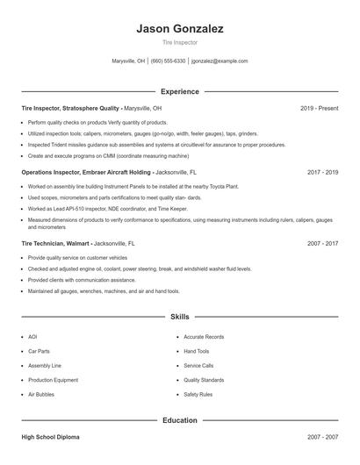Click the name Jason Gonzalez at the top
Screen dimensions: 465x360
[x=180, y=28]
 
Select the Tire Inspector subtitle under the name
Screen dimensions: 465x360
[x=180, y=41]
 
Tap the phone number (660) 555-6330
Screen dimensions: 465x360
[x=169, y=61]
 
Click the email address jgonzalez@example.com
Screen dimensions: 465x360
[x=220, y=61]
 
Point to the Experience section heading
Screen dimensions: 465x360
[x=180, y=91]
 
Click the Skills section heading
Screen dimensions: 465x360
[x=180, y=316]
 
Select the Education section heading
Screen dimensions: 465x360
[x=180, y=420]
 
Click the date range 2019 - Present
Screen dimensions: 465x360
[x=319, y=108]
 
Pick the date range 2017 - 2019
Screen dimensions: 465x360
[x=322, y=173]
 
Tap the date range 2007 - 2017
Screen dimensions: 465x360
[x=322, y=242]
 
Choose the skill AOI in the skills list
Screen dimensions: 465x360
[x=32, y=337]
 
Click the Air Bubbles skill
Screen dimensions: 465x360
[x=40, y=395]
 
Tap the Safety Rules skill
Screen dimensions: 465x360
[x=198, y=395]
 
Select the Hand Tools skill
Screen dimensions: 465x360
[x=197, y=351]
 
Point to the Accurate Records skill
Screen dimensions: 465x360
[x=204, y=337]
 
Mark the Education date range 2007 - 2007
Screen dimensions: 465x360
[x=322, y=436]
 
